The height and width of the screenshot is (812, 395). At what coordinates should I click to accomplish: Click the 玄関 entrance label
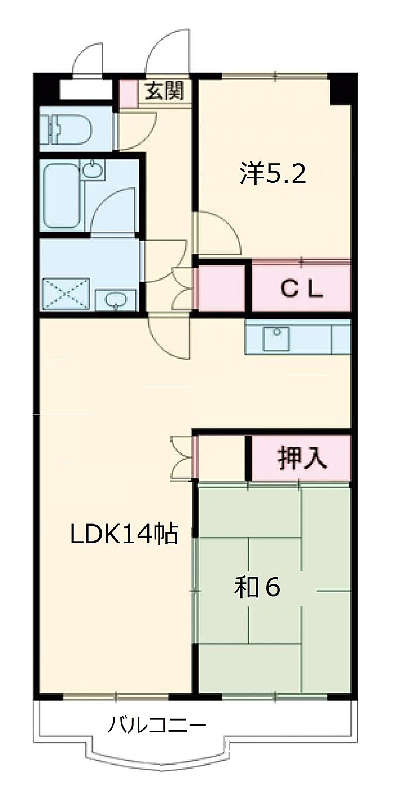(x=165, y=91)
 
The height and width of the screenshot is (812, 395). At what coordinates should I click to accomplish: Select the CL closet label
(x=302, y=289)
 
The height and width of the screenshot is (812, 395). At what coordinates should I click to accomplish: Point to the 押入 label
(x=302, y=458)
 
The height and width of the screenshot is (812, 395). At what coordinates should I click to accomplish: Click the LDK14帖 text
(x=124, y=534)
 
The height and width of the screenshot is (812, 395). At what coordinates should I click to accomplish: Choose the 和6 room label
(x=257, y=588)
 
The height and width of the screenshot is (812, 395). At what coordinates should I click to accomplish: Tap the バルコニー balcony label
(x=157, y=724)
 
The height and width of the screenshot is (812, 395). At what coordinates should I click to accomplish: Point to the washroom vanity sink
(x=116, y=300)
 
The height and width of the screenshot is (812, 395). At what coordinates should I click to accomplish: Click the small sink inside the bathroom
(x=93, y=169)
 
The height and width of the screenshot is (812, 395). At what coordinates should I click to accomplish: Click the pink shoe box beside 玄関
(x=129, y=94)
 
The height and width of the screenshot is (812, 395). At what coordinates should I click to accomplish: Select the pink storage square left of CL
(x=220, y=289)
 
